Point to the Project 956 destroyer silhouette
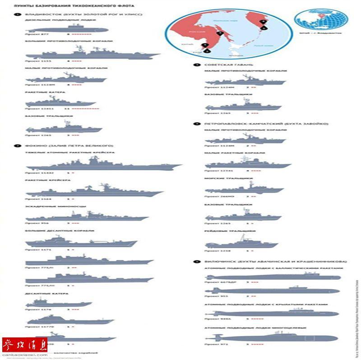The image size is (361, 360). [x=86, y=217]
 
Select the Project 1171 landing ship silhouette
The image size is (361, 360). [x=81, y=242]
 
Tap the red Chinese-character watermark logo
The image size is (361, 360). [x=25, y=345]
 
